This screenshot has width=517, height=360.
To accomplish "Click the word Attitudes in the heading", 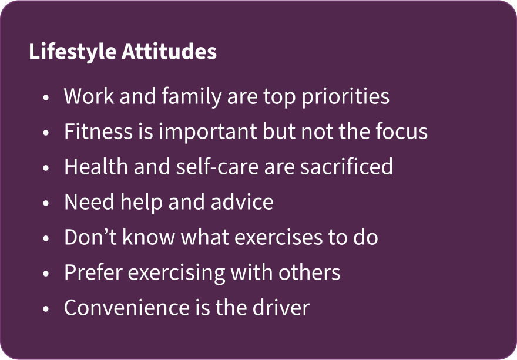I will point(169,52).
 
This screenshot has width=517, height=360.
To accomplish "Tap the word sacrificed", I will point(347,167).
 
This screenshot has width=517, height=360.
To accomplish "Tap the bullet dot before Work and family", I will point(46,97).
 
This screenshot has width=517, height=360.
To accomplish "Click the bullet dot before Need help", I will point(46,203).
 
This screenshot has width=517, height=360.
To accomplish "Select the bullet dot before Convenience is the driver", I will point(46,309).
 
